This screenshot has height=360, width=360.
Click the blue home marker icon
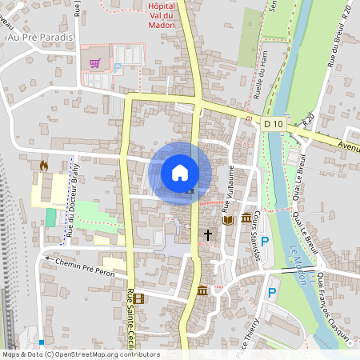[180, 172]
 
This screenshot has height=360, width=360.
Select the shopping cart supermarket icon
[95, 62]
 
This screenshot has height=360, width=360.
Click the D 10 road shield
[274, 123]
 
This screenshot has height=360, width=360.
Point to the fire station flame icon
[43, 165]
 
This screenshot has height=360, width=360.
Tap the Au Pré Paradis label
[39, 37]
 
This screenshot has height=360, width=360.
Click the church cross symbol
[208, 235]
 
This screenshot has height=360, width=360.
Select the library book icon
[227, 218]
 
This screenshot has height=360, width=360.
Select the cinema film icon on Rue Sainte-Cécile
[140, 299]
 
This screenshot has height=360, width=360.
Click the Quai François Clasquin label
[334, 307]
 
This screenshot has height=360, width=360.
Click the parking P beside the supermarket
[118, 69]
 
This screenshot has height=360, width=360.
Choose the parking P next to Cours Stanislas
[265, 241]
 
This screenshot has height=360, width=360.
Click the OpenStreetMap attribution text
[81, 354]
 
